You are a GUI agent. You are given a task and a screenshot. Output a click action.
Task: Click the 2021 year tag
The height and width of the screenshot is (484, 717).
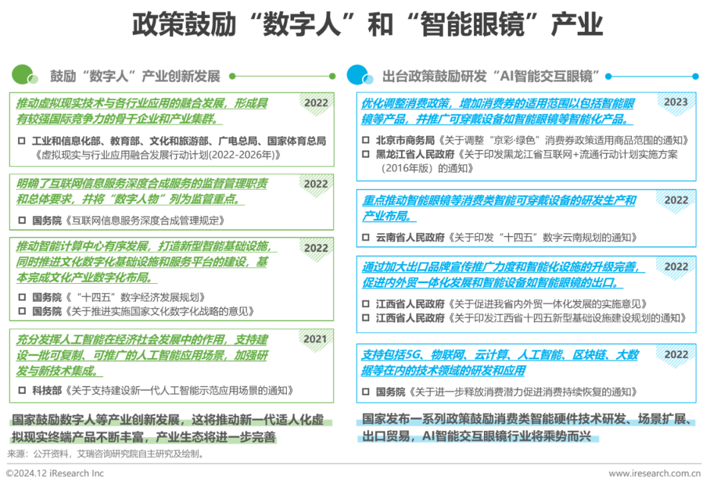tap(316, 339)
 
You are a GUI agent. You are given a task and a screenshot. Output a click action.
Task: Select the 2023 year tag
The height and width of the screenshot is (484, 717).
tap(676, 102)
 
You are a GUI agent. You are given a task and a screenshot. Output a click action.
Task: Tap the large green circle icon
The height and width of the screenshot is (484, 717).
tap(22, 74)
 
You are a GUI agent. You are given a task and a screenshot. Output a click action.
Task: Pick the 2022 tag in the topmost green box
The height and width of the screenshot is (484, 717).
tap(316, 103)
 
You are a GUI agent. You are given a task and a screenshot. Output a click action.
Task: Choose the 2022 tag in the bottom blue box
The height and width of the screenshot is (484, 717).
tap(676, 355)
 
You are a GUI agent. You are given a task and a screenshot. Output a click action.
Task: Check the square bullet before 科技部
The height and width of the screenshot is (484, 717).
tap(22, 391)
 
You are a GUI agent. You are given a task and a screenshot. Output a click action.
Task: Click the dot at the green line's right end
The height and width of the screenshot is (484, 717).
tap(335, 76)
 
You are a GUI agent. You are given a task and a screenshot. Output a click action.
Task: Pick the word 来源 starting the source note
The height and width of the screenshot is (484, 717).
tap(15, 454)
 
